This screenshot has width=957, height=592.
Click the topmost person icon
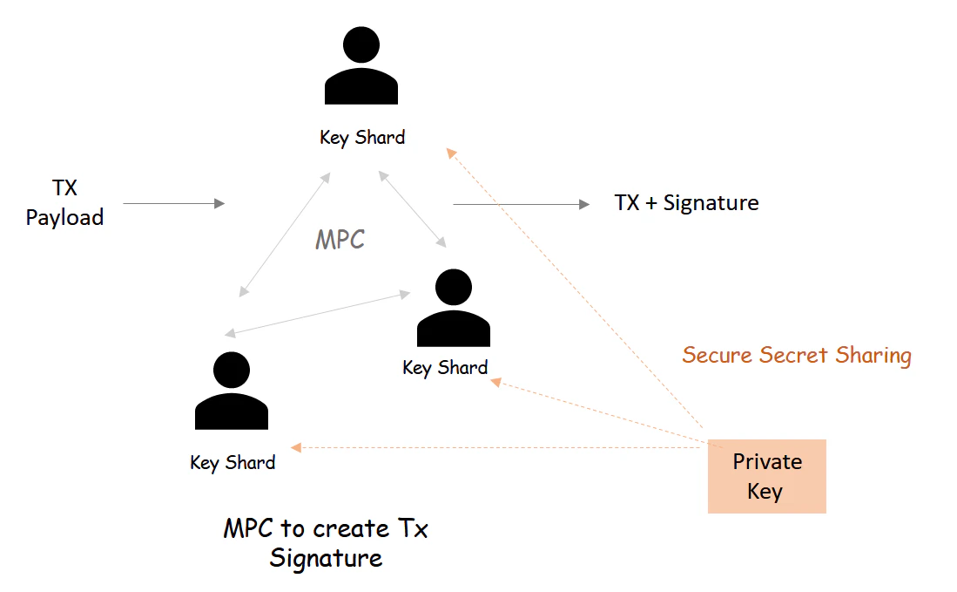point(361,68)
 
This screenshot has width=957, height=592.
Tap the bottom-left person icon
point(232,391)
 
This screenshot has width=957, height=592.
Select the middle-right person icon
point(453,309)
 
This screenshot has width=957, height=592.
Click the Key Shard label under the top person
point(362,138)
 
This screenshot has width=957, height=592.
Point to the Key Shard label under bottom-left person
point(233,463)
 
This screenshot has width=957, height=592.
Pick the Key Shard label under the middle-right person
point(445,368)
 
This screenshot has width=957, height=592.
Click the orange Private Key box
point(766,476)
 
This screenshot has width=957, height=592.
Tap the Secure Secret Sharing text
point(797,356)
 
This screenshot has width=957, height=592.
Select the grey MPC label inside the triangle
point(340,240)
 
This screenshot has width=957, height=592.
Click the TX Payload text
point(64,203)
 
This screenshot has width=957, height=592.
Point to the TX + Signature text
point(686,203)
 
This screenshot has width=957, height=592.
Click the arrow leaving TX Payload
point(174,204)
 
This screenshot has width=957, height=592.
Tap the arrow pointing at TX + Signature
point(521,204)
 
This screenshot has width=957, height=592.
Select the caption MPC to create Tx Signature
point(326,543)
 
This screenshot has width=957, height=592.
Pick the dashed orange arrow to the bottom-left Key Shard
point(496,448)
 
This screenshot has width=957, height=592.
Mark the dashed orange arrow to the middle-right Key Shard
point(597,410)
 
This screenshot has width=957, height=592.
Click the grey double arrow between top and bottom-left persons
point(285,235)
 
